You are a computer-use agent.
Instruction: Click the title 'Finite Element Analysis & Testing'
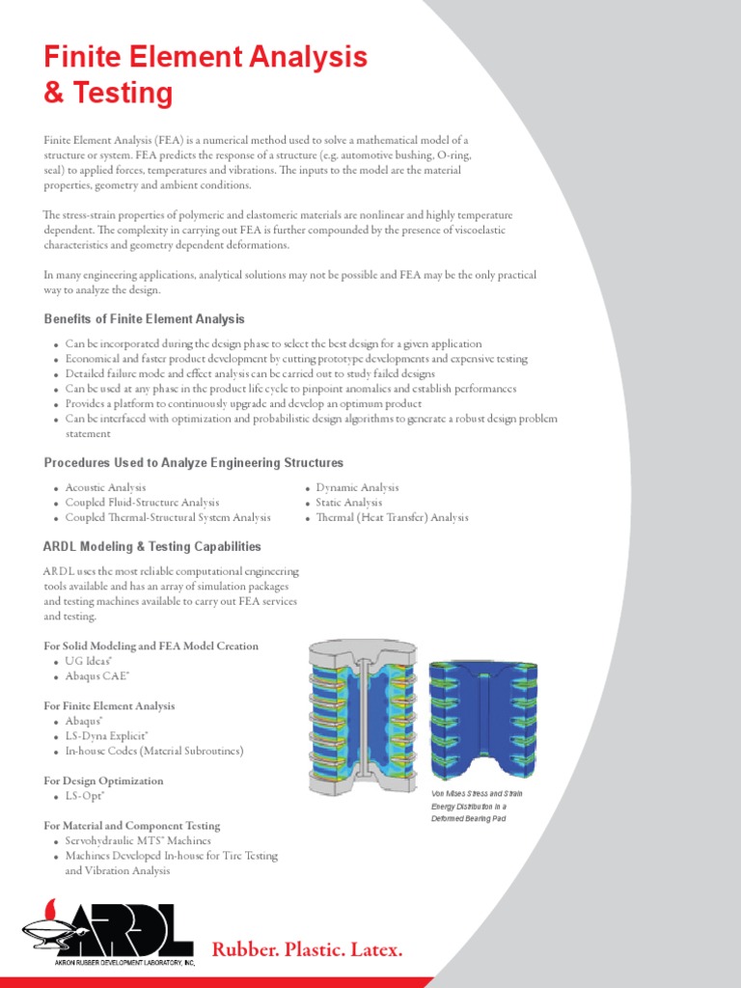point(206,75)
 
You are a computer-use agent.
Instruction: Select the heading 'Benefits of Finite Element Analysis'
point(145,319)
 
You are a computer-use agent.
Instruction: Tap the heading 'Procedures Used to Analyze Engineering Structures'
point(194,463)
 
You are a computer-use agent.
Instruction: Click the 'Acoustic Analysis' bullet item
point(105,488)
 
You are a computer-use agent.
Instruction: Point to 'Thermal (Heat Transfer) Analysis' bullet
point(392,518)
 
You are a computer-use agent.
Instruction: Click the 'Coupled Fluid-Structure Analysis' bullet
point(142,503)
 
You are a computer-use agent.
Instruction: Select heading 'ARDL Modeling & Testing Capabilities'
point(152,546)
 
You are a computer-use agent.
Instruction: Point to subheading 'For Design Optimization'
point(104,781)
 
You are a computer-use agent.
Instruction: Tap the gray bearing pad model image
point(363,715)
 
